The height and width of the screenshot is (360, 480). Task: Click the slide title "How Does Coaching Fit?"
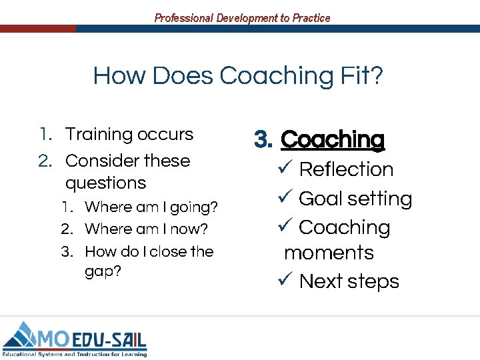tap(238, 76)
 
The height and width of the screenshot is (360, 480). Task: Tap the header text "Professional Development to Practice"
tap(242, 18)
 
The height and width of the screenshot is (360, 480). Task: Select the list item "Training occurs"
tap(129, 134)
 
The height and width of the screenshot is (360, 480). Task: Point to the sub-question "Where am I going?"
tap(151, 207)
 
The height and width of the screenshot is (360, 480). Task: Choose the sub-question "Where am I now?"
tap(146, 229)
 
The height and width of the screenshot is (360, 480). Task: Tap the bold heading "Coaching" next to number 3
tap(333, 140)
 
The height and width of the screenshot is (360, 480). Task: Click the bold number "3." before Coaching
tap(264, 140)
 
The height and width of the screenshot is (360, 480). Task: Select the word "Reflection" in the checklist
tap(346, 169)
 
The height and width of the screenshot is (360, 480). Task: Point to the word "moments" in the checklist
tap(329, 253)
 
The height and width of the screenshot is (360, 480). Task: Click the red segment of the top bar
tap(37, 29)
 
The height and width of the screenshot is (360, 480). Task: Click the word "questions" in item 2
tap(105, 183)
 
